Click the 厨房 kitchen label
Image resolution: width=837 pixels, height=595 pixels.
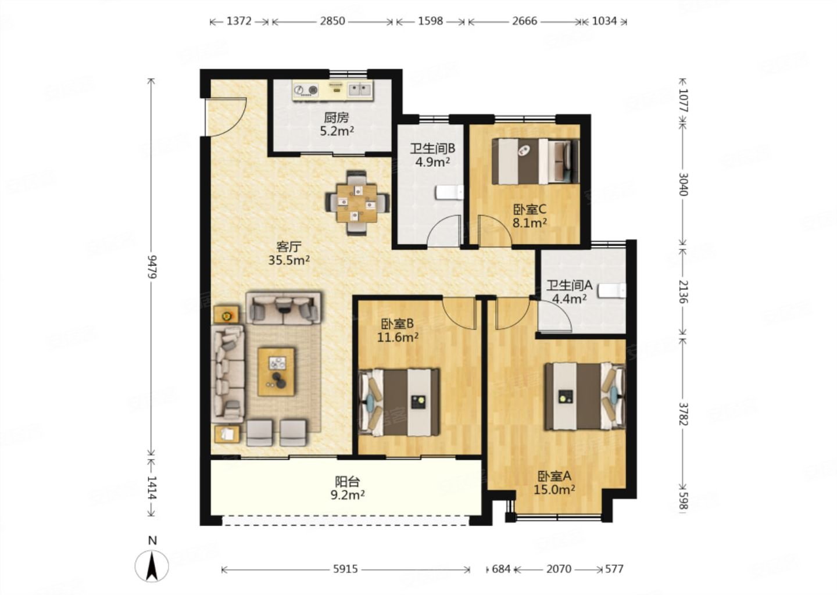(337, 117)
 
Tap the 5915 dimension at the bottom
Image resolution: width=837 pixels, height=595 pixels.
(345, 569)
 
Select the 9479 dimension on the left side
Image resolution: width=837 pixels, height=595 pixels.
(151, 267)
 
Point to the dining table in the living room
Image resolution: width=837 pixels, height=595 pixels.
(356, 203)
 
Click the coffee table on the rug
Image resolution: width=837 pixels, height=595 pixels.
(276, 372)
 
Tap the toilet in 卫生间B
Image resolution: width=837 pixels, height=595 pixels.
(449, 193)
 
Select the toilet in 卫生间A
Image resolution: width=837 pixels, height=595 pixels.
(611, 291)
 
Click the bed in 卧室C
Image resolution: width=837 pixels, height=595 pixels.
(535, 162)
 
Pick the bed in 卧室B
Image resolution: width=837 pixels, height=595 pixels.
(399, 402)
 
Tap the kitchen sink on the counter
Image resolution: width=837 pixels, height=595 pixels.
(359, 89)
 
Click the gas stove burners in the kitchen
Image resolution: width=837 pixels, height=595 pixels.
(306, 89)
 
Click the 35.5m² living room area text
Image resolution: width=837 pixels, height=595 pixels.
(289, 260)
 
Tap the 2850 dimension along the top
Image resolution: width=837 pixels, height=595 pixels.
(332, 21)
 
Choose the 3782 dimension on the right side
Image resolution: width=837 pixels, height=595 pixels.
(682, 414)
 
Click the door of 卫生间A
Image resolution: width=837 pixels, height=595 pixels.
(554, 316)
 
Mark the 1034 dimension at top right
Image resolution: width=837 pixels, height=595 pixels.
(604, 21)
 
